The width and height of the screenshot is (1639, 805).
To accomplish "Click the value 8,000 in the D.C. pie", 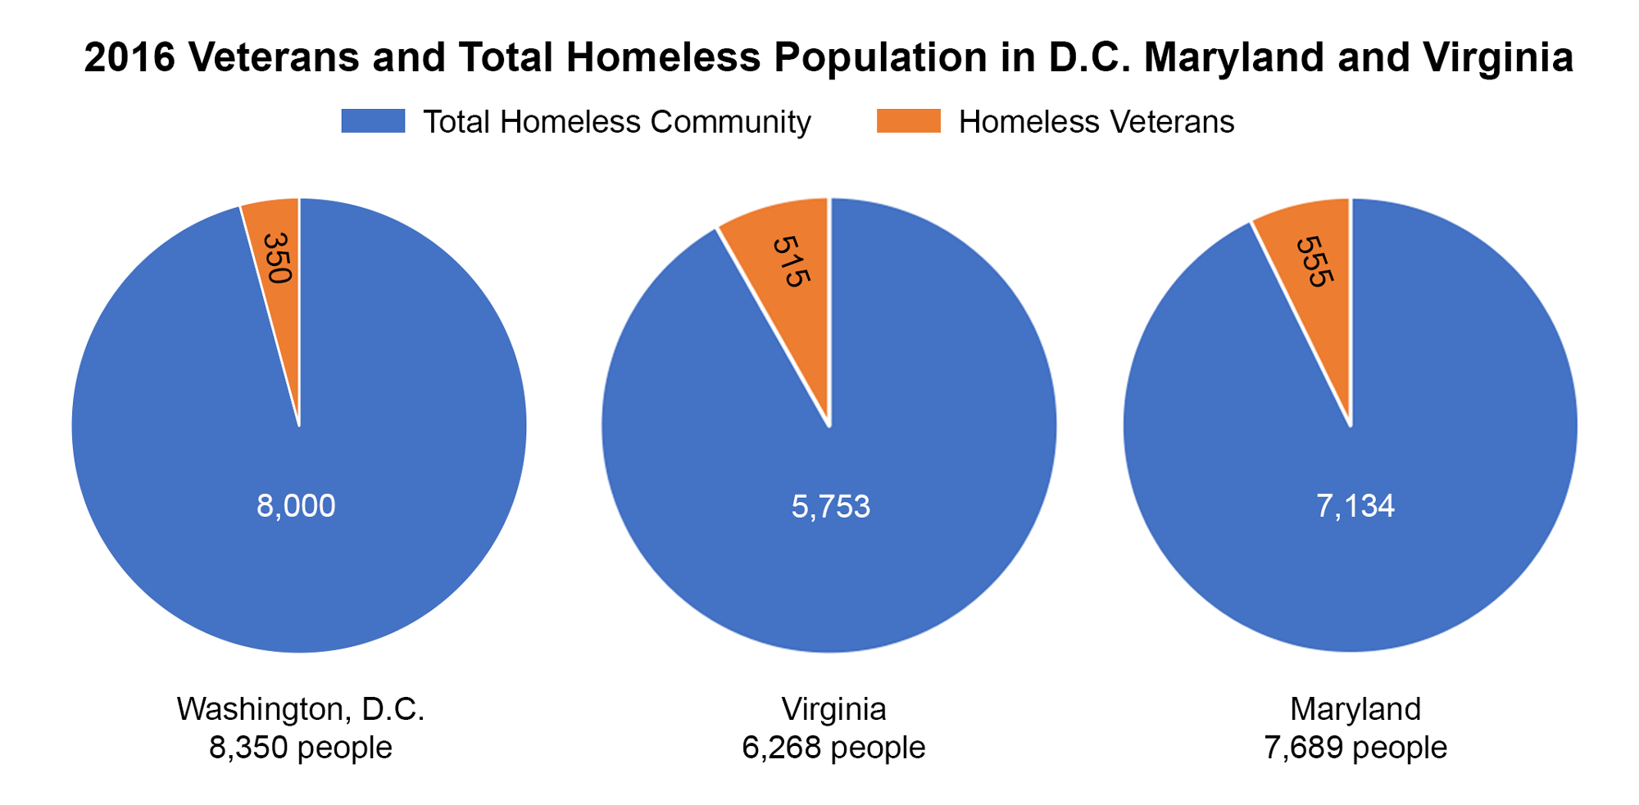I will pos(296,506).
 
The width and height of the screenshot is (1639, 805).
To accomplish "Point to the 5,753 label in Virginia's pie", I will pos(830,507).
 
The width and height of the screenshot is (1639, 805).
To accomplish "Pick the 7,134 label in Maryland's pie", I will pos(1355,506).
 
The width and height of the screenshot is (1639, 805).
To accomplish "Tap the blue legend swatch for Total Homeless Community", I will pos(373,121).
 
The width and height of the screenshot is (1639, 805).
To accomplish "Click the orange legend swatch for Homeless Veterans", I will pos(908,121).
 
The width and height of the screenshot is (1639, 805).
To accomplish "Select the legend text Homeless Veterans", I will pos(1096,122).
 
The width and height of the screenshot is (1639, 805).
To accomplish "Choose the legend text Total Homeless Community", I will pos(616,122).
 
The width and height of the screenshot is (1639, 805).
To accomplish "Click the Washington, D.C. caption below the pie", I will pos(300,709).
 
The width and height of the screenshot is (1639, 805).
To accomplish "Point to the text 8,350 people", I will pos(300,748).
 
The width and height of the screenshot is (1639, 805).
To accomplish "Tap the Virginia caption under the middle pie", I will pos(833,709).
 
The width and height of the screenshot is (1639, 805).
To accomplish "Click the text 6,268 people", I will pos(833,748).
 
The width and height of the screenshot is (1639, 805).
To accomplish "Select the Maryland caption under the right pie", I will pos(1355,709).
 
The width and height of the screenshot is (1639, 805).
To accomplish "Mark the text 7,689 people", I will pos(1355,748).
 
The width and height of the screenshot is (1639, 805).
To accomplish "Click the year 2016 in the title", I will pos(129,57).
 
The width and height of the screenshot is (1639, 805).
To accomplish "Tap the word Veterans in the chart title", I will pos(275,57).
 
